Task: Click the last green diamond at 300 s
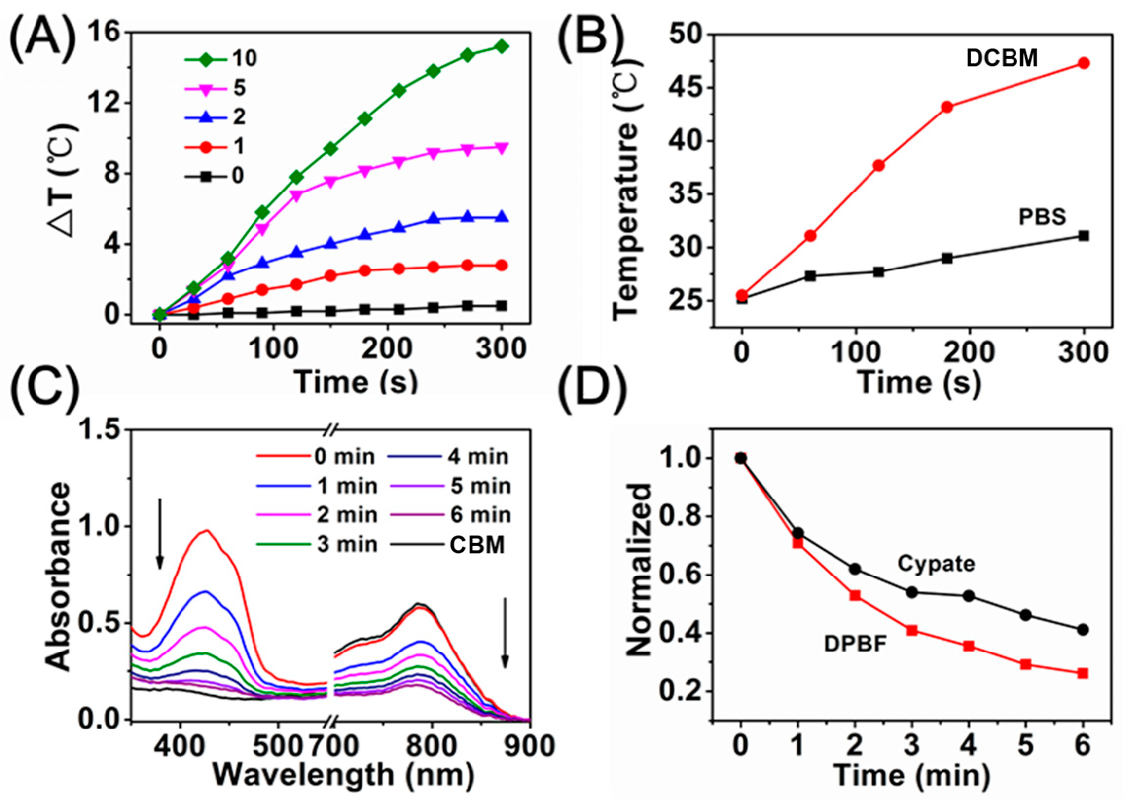pyautogui.click(x=502, y=47)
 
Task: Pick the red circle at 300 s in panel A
pyautogui.click(x=502, y=266)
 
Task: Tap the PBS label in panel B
pyautogui.click(x=1042, y=218)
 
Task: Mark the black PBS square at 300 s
pyautogui.click(x=1084, y=236)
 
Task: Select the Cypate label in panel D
pyautogui.click(x=937, y=564)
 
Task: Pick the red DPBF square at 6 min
pyautogui.click(x=1083, y=674)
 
